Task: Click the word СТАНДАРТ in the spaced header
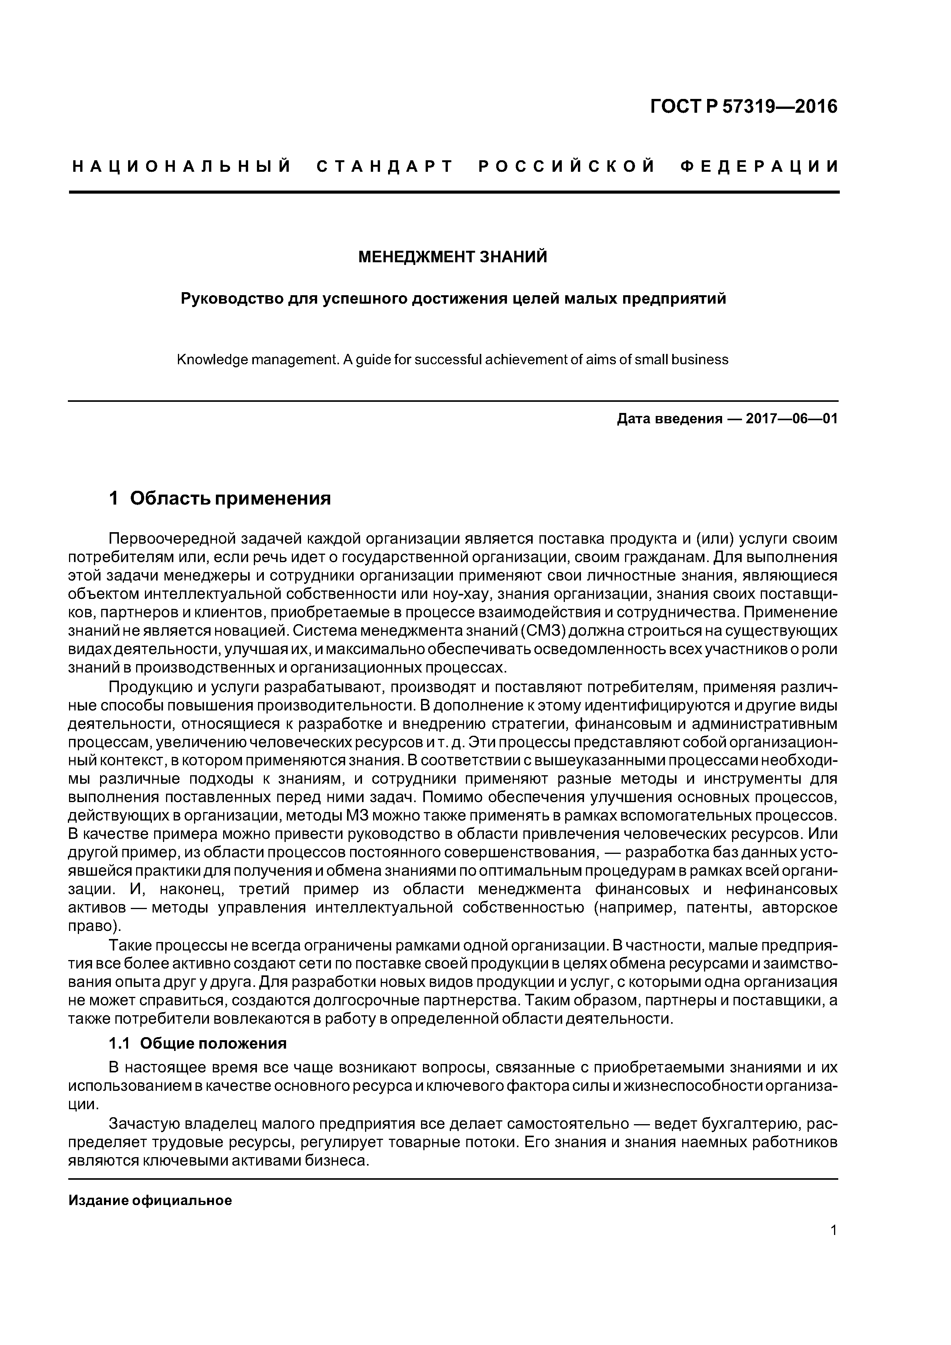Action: click(x=385, y=167)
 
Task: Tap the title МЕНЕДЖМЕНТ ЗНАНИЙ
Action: click(x=452, y=257)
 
